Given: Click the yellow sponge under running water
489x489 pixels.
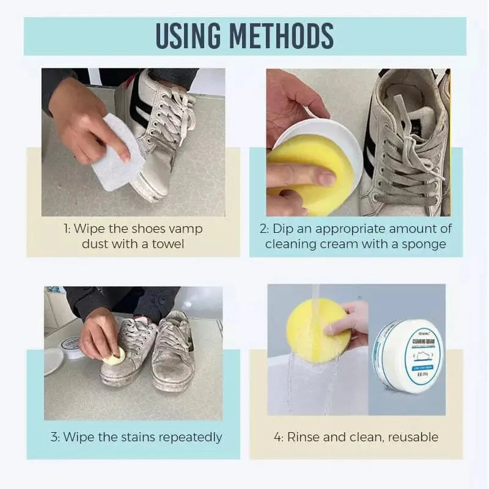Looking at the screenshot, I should tap(318, 330).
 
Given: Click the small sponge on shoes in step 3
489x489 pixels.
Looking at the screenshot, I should tap(115, 357).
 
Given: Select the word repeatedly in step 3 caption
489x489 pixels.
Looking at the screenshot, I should tap(190, 437).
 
